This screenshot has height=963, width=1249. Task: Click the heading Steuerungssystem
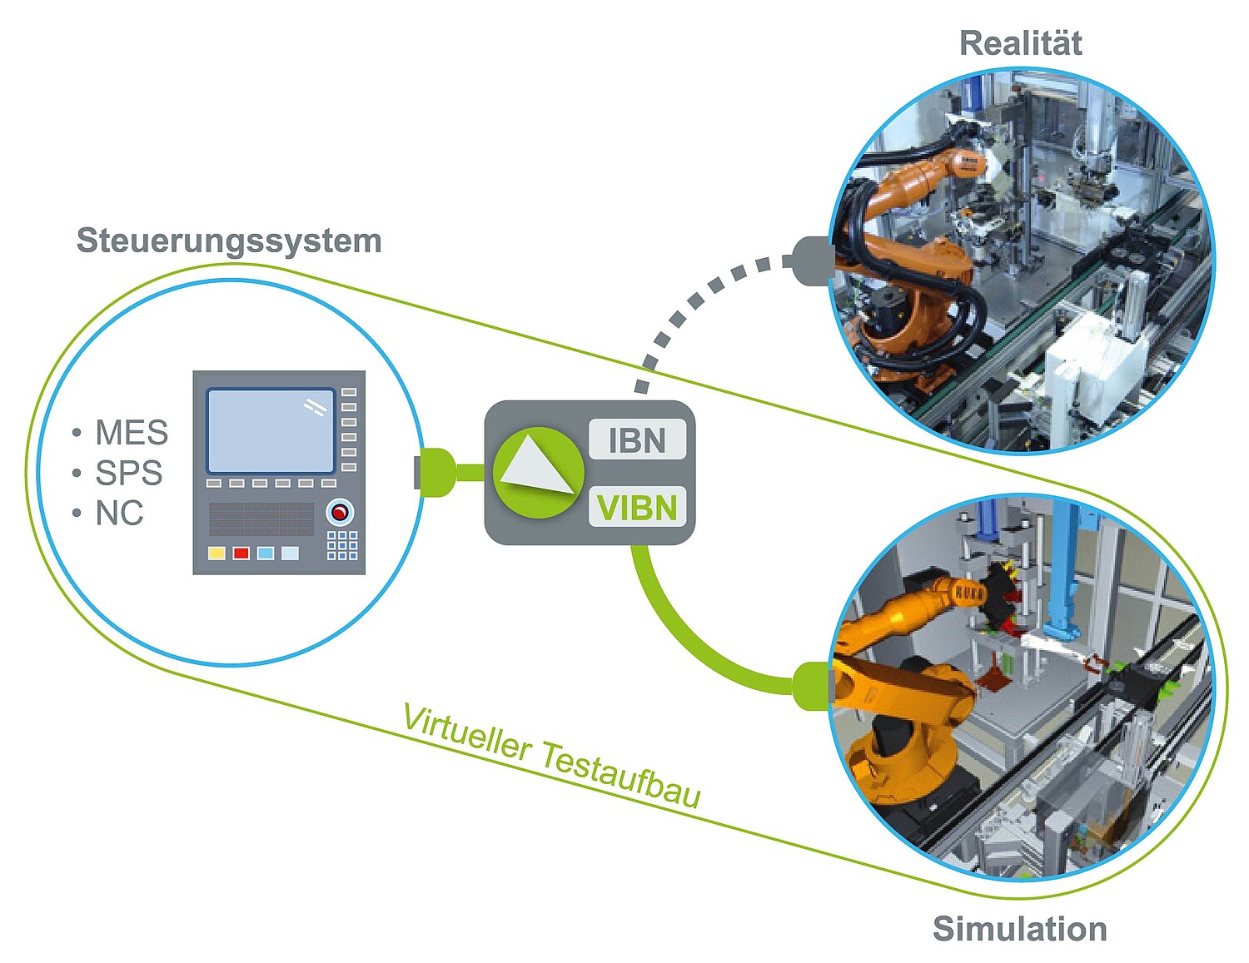tap(229, 241)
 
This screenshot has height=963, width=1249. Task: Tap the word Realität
tap(1020, 43)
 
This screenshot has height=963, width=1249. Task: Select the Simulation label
tap(1019, 928)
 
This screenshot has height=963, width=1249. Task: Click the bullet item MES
tap(131, 433)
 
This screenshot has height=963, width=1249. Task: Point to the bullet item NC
tap(119, 513)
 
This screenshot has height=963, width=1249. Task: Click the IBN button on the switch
tap(637, 440)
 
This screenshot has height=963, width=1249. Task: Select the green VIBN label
tap(637, 507)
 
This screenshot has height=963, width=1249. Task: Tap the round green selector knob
tap(537, 473)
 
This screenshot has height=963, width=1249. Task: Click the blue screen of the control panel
tap(271, 431)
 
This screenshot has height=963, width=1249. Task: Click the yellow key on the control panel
tap(216, 553)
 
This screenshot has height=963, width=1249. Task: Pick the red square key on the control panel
tap(241, 553)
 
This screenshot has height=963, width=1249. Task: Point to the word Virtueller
tap(466, 733)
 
